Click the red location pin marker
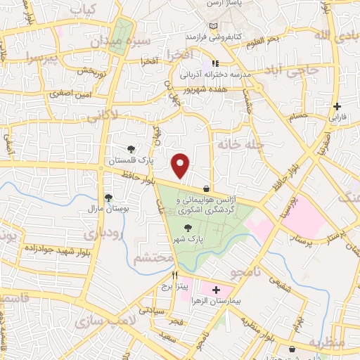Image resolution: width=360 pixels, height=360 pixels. pos(181,165)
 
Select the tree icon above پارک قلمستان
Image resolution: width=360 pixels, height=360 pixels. pos(131,148)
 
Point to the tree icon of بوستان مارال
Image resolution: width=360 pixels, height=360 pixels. pos(108,198)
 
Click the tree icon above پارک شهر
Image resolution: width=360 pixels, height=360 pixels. pos(187,227)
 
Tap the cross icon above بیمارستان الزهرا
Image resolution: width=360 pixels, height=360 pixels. pos(215,290)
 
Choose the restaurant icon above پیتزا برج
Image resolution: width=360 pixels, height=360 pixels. pos(175,276)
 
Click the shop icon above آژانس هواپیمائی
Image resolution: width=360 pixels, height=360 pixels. pos(205,188)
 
